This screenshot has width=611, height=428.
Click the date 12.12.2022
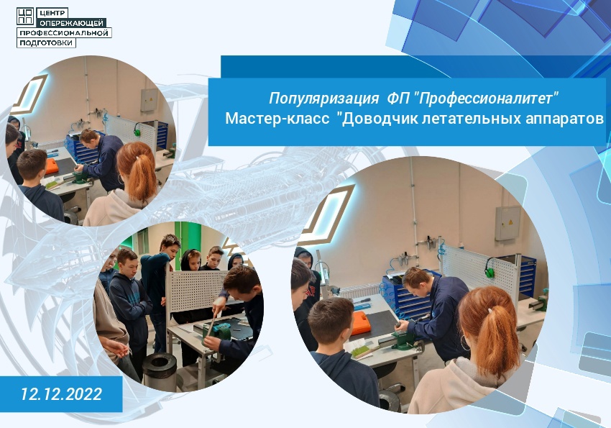pyautogui.click(x=61, y=393)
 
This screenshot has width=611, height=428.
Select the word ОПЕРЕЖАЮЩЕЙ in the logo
pyautogui.click(x=71, y=23)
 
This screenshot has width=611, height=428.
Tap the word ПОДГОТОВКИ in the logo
pyautogui.click(x=45, y=42)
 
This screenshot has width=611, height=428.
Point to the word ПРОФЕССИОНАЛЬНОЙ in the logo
pyautogui.click(x=63, y=33)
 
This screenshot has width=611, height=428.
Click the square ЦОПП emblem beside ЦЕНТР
pyautogui.click(x=25, y=16)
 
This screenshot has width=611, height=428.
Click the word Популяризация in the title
pyautogui.click(x=323, y=99)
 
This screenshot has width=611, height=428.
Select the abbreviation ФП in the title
pyautogui.click(x=398, y=98)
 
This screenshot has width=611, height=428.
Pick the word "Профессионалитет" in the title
pyautogui.click(x=487, y=99)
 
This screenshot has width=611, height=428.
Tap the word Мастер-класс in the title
pyautogui.click(x=277, y=118)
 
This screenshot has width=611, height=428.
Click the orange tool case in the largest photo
pyautogui.click(x=359, y=323)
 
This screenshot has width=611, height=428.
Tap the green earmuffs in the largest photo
pyautogui.click(x=489, y=268)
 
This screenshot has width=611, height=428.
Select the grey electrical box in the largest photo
pyautogui.click(x=507, y=223)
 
